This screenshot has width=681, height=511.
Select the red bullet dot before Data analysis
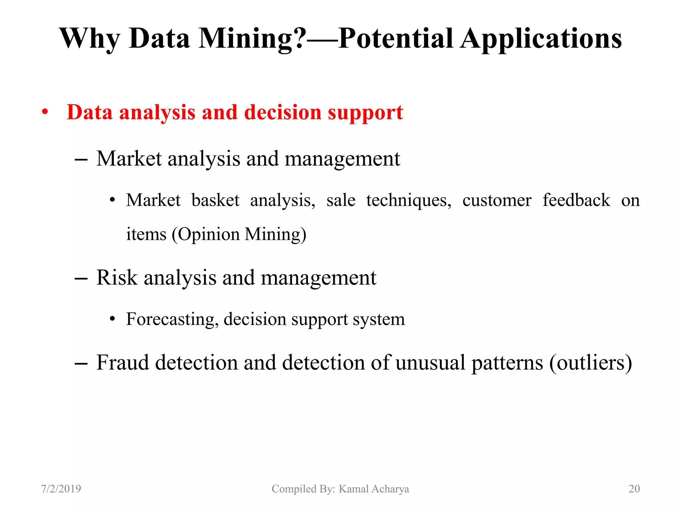click(x=45, y=112)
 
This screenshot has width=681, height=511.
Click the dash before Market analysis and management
click(x=81, y=160)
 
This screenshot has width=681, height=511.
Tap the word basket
click(x=215, y=200)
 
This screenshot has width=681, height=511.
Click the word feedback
click(x=576, y=200)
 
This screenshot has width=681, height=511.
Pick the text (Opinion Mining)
click(x=239, y=234)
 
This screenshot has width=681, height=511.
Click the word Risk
click(x=117, y=277)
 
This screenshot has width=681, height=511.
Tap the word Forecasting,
click(x=172, y=319)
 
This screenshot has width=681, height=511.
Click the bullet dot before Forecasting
click(x=112, y=319)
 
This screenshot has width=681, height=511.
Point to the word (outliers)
click(x=590, y=362)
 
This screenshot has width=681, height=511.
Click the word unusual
click(x=430, y=362)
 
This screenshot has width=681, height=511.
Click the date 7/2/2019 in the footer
click(x=61, y=489)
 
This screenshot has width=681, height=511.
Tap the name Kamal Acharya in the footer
click(x=374, y=489)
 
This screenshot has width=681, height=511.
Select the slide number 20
click(x=634, y=489)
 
